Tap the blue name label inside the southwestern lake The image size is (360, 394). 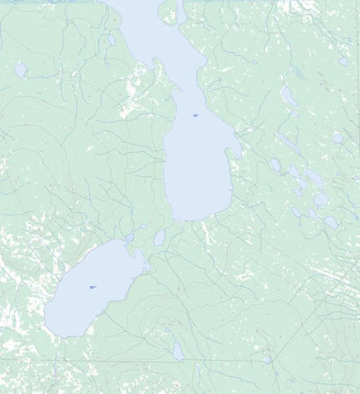[x=92, y=287]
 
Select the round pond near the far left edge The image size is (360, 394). [x=21, y=69]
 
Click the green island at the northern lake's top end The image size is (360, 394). [x=168, y=11]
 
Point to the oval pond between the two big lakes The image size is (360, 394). [x=159, y=238]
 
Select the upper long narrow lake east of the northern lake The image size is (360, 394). [x=288, y=95]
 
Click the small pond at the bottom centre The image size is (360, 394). [x=177, y=351]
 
